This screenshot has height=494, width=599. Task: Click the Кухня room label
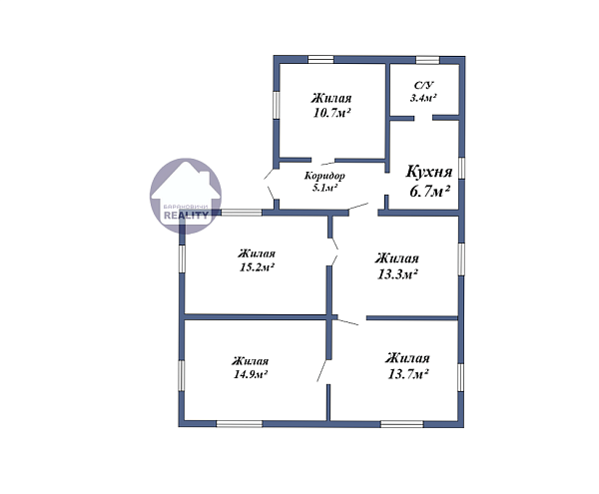[x=428, y=173]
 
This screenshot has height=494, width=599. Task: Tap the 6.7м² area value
[x=429, y=191]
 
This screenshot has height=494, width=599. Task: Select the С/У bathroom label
[x=424, y=85]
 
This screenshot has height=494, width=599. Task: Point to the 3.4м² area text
[x=423, y=98]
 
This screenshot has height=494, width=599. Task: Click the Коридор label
[x=324, y=176]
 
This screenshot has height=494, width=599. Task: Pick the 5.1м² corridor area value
[x=324, y=188]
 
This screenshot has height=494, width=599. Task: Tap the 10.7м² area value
[x=331, y=113]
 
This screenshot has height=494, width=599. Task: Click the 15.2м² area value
[x=257, y=267]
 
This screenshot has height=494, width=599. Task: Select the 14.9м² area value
[x=251, y=374]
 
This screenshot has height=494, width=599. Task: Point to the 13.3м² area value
[x=397, y=274]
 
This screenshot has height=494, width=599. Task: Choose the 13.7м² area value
[x=407, y=374]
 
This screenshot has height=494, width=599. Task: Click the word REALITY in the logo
[x=186, y=216]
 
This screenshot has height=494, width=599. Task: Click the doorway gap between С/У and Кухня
[x=423, y=118]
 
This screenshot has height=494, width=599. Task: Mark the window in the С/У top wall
[x=427, y=60]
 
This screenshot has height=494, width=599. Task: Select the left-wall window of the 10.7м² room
[x=277, y=105]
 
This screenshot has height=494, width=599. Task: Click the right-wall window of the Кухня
[x=461, y=168]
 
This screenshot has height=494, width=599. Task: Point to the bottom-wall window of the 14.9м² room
[x=240, y=424]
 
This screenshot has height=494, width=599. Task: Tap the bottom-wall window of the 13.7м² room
[x=402, y=424]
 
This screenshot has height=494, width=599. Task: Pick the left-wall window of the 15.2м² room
[x=182, y=258]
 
